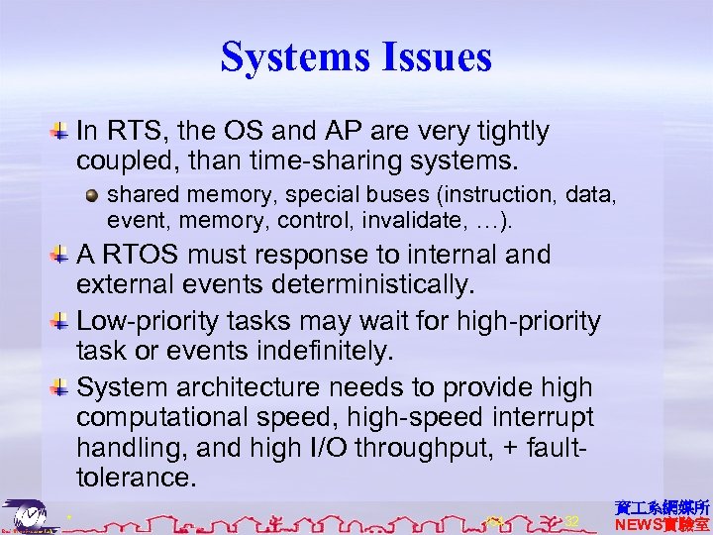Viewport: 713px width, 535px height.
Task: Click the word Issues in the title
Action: tap(438, 56)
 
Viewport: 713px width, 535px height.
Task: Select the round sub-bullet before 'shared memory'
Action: tap(92, 193)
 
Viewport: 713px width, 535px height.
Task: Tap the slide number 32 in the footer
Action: tap(571, 521)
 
